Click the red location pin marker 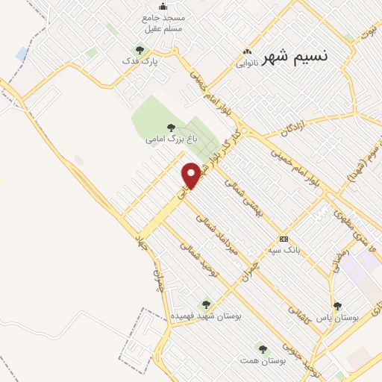(x=192, y=175)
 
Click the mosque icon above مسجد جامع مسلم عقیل (x=153, y=7)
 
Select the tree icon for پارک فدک (x=140, y=50)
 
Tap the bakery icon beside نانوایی (x=247, y=52)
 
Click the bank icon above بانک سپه (x=284, y=239)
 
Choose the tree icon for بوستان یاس (x=338, y=306)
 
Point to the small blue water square (x=21, y=54)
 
